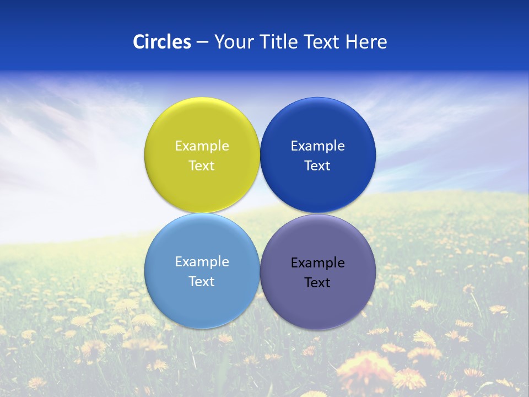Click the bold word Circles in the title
pyautogui.click(x=161, y=42)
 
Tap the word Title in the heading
pyautogui.click(x=280, y=42)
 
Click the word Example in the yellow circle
pyautogui.click(x=202, y=146)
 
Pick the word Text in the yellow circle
pyautogui.click(x=202, y=165)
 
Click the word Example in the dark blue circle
pyautogui.click(x=317, y=146)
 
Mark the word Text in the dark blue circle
pyautogui.click(x=317, y=165)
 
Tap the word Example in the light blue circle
pyautogui.click(x=202, y=261)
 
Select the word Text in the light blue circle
pyautogui.click(x=202, y=281)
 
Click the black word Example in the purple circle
pyautogui.click(x=317, y=262)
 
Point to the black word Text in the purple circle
pyautogui.click(x=317, y=282)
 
